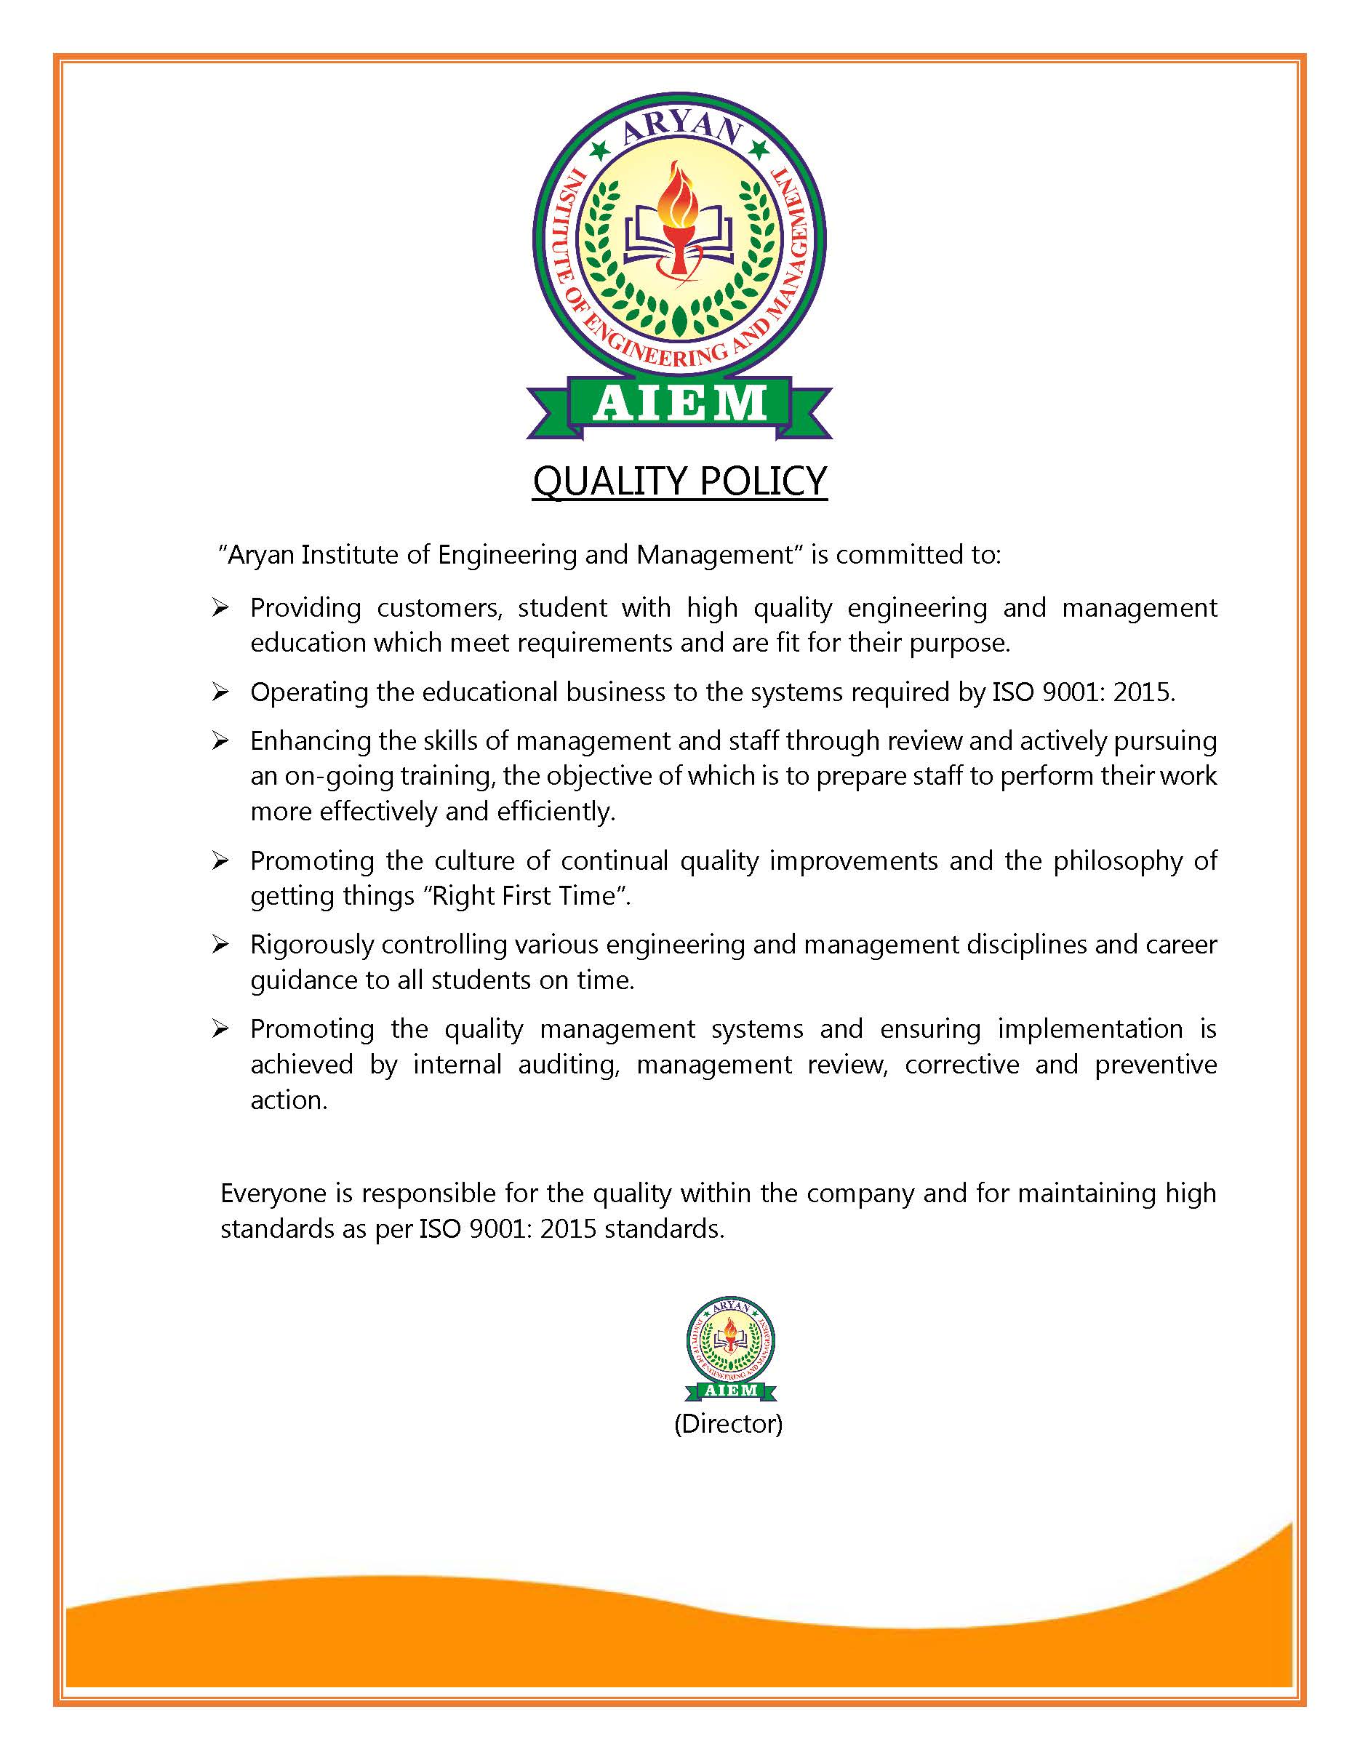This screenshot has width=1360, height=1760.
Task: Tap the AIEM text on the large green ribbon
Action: click(x=679, y=404)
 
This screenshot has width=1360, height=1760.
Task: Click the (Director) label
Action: click(x=728, y=1424)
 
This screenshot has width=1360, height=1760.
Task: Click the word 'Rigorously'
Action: click(x=312, y=945)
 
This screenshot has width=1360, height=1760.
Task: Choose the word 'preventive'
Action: click(x=1156, y=1065)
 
